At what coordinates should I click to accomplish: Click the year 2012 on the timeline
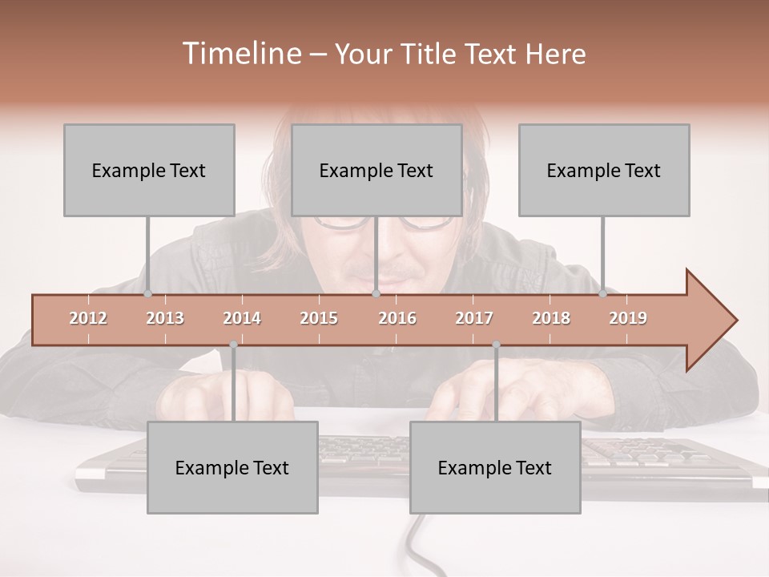click(x=88, y=318)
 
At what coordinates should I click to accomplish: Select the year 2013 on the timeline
click(x=165, y=318)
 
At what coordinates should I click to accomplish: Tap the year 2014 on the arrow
click(x=242, y=318)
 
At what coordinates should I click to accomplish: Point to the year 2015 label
click(x=319, y=318)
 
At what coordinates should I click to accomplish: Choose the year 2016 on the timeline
click(x=397, y=318)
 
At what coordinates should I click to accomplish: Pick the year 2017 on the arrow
click(x=474, y=318)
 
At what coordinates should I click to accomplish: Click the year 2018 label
click(x=551, y=318)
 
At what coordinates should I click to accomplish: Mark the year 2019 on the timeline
click(x=628, y=318)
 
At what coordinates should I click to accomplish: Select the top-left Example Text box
click(x=149, y=170)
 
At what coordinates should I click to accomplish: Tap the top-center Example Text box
click(x=376, y=170)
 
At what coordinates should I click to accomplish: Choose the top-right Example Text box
click(x=604, y=170)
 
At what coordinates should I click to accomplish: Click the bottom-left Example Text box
click(x=232, y=467)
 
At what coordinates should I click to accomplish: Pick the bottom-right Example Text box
click(x=495, y=467)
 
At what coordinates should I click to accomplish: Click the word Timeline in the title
click(x=240, y=54)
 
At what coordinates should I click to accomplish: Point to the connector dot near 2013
click(x=147, y=294)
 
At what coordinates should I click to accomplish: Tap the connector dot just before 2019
click(x=603, y=294)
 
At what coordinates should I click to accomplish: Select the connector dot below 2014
click(x=233, y=345)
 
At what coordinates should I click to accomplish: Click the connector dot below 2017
click(x=496, y=345)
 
